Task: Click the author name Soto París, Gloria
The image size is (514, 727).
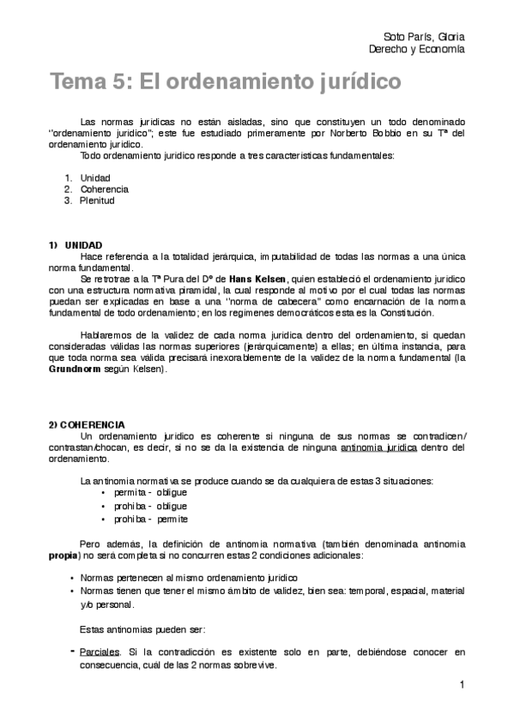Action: [423, 37]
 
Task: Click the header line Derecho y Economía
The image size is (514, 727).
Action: [416, 49]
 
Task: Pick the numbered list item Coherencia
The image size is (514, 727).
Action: [105, 189]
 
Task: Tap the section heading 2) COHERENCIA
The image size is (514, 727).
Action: [87, 424]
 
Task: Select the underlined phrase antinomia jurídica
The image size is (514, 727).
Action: [378, 448]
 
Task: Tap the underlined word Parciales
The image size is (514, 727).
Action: [99, 652]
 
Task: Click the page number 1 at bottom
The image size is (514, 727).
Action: [462, 684]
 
